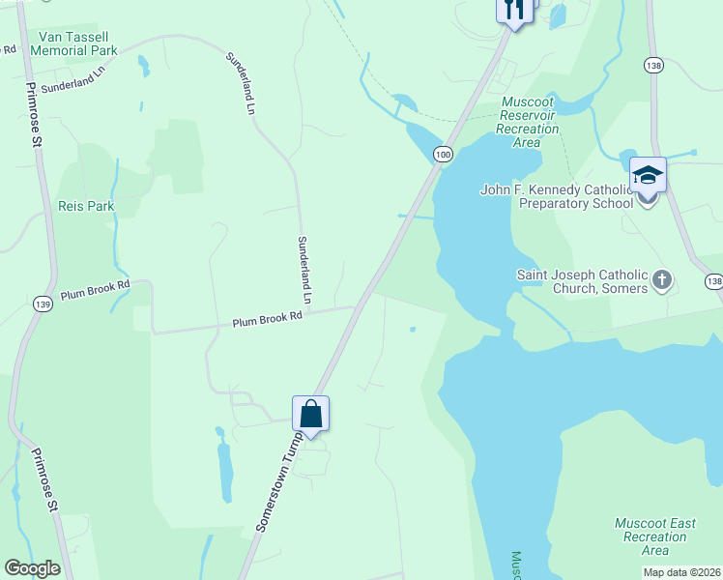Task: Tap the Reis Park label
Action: [x=86, y=206]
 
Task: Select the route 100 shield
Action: [x=443, y=155]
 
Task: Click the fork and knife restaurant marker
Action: [x=514, y=10]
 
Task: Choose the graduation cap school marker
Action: [x=648, y=176]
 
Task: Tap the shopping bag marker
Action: [x=311, y=414]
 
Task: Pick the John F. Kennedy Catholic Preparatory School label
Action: [x=556, y=196]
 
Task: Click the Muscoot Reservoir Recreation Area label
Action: [x=528, y=122]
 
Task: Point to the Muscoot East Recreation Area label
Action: [x=655, y=536]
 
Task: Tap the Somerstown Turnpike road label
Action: [x=280, y=480]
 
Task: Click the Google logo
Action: [x=32, y=568]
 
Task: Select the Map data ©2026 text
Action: [x=680, y=572]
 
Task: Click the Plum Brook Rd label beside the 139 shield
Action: [x=95, y=291]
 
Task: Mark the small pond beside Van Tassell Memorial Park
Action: [x=144, y=66]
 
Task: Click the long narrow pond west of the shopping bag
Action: [x=225, y=474]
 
